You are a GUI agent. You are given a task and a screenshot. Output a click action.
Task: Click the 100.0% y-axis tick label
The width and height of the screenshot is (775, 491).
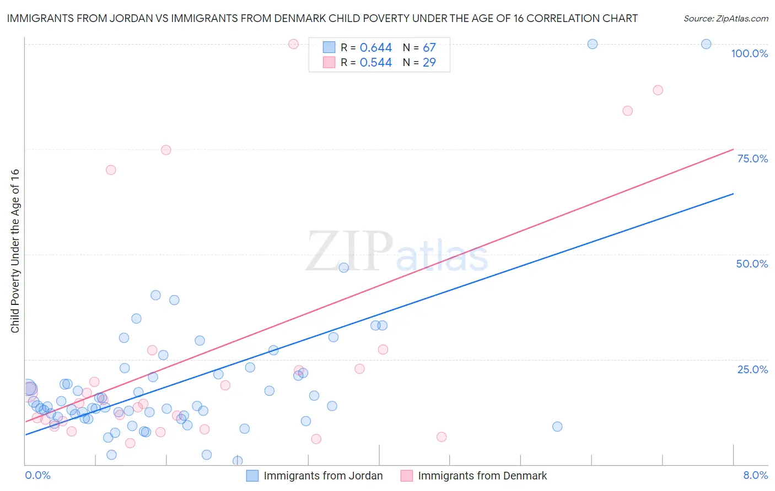(749, 53)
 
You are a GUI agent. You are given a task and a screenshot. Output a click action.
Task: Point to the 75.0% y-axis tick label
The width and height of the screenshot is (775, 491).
(752, 159)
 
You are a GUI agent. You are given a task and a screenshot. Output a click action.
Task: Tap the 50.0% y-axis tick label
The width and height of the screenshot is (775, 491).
(752, 264)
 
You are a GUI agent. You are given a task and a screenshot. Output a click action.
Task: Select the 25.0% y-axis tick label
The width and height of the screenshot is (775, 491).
(752, 369)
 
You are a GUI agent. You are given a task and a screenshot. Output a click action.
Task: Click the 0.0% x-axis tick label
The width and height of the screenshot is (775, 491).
(37, 475)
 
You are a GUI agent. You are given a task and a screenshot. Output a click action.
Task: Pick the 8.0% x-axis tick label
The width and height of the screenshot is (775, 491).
(755, 475)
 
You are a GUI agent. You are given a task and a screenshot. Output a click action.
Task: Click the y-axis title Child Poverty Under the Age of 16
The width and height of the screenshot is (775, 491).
(15, 250)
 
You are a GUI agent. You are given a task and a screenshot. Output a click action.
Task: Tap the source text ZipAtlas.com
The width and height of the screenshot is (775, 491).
(726, 19)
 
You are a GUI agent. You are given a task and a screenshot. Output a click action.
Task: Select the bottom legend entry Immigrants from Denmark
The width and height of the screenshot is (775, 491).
(482, 476)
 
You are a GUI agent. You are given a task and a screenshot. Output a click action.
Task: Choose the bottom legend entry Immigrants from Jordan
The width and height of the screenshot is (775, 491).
(323, 476)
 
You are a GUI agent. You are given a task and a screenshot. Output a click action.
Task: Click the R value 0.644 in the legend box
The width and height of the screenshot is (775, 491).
(376, 48)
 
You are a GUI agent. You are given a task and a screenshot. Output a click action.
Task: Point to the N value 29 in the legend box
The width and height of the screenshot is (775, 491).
(429, 63)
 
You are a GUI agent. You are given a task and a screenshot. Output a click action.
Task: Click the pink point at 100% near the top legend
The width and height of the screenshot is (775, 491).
(293, 44)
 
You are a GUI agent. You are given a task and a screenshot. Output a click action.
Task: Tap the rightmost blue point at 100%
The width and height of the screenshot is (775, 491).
(706, 44)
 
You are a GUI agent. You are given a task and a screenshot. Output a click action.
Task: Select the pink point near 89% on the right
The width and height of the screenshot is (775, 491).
(658, 90)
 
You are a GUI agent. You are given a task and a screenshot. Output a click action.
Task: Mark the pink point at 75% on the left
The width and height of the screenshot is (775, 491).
(166, 150)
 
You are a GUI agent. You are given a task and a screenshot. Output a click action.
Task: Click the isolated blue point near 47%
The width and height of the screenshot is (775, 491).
(344, 268)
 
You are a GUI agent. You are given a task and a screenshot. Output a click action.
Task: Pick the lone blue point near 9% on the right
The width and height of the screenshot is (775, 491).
(557, 427)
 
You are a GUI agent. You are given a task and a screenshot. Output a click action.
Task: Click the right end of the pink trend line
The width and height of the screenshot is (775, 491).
(733, 149)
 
